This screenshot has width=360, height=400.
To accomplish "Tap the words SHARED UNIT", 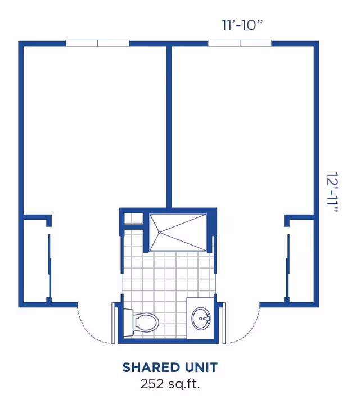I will click(x=170, y=368).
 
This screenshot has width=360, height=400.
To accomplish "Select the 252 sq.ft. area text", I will click(x=170, y=384).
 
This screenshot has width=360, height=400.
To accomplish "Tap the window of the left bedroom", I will click(x=97, y=43).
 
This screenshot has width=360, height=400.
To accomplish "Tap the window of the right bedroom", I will click(x=240, y=43).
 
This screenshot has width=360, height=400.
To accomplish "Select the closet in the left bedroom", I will click(x=35, y=261).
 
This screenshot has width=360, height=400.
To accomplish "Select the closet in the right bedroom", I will click(x=301, y=261).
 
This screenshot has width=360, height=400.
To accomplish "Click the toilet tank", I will click(x=128, y=322).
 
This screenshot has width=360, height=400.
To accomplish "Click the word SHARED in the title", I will click(x=146, y=368).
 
